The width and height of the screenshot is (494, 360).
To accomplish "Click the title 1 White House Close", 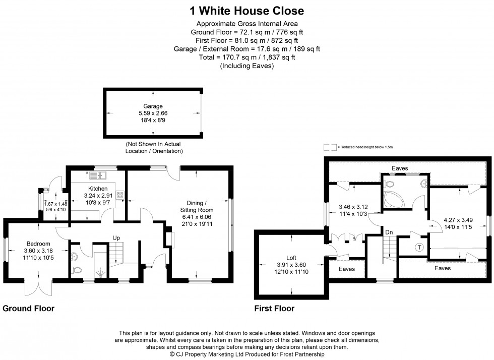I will (x=246, y=11).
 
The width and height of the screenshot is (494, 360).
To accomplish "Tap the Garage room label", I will (x=153, y=106).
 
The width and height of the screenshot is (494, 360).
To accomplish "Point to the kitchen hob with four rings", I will (x=120, y=194).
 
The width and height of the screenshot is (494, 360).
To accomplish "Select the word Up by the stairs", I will (x=116, y=238).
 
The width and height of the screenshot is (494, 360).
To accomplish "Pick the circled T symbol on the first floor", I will (x=419, y=247).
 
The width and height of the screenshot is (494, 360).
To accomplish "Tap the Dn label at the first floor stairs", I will (x=389, y=232).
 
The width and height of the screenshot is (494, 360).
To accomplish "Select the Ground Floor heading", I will (x=29, y=308).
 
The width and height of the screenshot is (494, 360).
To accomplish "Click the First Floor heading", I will (x=274, y=308).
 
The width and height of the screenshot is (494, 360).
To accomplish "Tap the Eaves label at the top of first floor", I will (x=400, y=168).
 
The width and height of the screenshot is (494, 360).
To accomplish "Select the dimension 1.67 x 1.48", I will (x=55, y=203).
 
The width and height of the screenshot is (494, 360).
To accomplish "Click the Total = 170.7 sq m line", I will (x=246, y=57).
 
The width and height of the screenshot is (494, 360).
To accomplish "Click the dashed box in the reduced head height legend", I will (x=330, y=147).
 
